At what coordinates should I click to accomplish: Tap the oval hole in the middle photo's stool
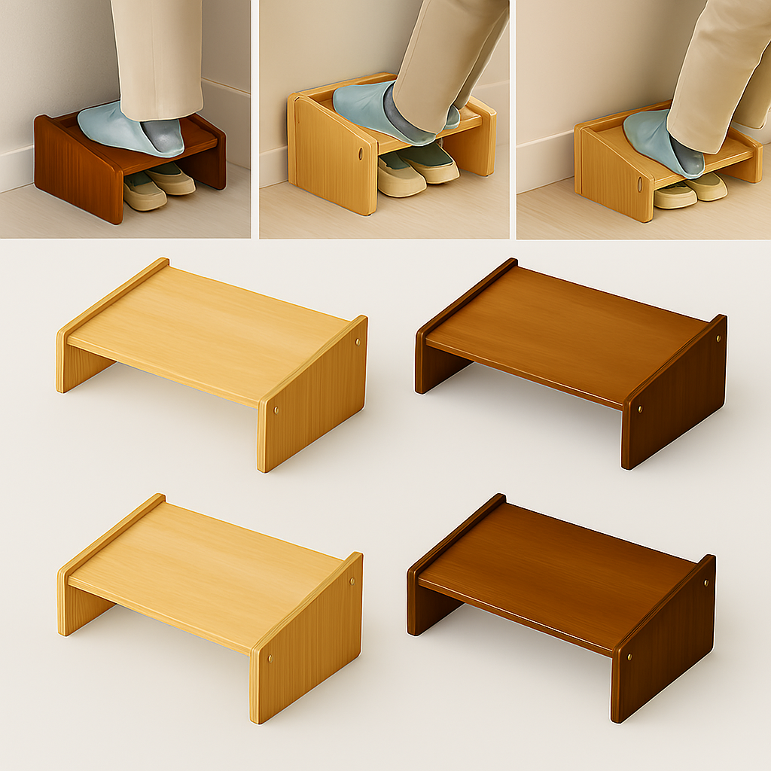[361, 154]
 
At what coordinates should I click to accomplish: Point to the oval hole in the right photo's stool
[640, 184]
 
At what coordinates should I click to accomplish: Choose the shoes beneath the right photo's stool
[689, 192]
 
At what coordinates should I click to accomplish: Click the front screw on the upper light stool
[276, 411]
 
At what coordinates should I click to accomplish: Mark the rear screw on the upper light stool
[357, 343]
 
